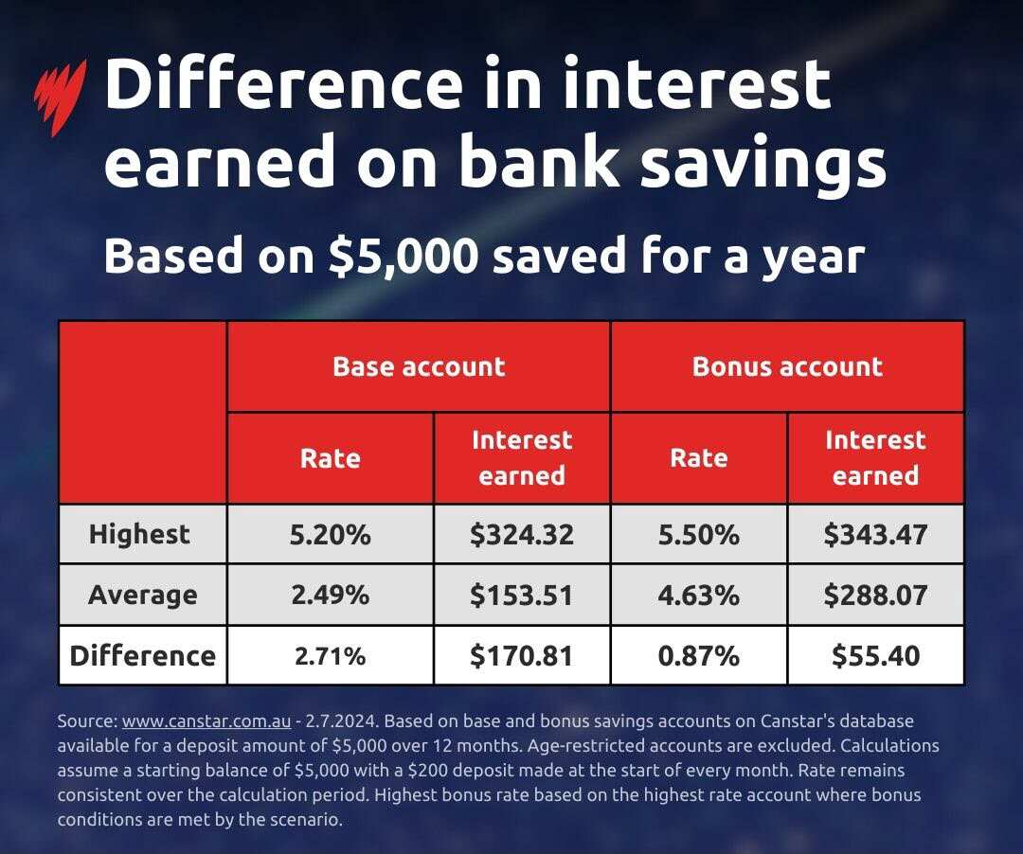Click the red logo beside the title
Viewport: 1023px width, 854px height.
coord(59,95)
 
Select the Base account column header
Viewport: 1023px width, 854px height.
coord(419,366)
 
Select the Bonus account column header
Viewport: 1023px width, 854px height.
coord(787,366)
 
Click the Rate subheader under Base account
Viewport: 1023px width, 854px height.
coord(330,458)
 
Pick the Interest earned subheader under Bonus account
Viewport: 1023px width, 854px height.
coord(875,458)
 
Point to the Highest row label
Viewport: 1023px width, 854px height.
coord(139,534)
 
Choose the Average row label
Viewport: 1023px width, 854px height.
coord(142,595)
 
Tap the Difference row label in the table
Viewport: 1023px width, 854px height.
coord(142,655)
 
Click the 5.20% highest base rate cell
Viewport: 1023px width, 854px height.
coord(330,534)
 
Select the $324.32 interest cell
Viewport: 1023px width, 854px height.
coord(522,534)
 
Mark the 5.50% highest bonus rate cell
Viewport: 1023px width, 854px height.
coord(698,534)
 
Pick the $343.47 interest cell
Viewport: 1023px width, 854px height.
coord(875,534)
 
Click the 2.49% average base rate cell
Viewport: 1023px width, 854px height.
coord(330,595)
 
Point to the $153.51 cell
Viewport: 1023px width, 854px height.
coord(522,595)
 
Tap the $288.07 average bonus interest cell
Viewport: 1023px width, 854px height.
coord(875,595)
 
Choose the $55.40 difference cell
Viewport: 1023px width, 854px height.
coord(875,655)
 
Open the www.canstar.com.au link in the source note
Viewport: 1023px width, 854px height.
coord(206,721)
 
